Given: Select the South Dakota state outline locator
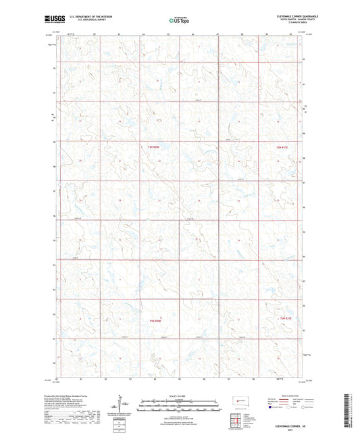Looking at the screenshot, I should click(240, 401).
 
